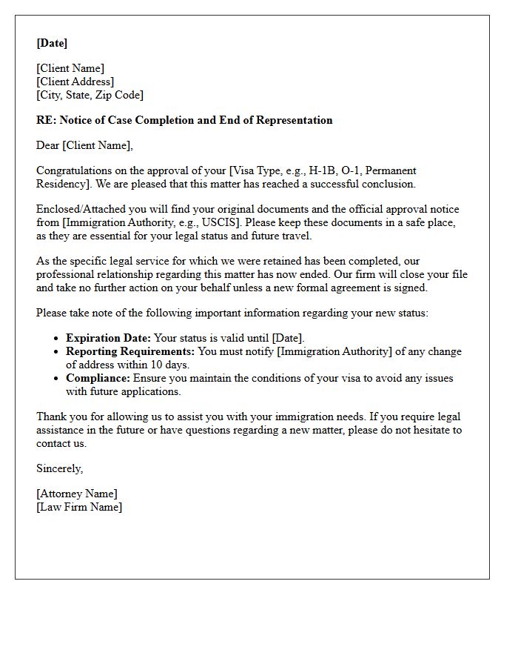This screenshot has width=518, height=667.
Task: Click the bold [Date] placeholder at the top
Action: [x=52, y=43]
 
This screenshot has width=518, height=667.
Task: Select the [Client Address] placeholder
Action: [x=75, y=82]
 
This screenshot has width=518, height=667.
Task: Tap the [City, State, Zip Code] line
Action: [x=90, y=95]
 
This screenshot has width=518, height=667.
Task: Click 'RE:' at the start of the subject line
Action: [x=46, y=120]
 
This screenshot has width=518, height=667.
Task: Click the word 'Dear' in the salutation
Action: [x=48, y=145]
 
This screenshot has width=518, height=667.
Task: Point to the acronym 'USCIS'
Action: [x=217, y=222]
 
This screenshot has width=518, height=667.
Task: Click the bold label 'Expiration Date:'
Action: [x=108, y=338]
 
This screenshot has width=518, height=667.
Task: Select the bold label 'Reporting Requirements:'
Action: [x=130, y=351]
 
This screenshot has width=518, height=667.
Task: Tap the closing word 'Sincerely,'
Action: [x=59, y=468]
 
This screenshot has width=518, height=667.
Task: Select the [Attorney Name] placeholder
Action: [x=76, y=494]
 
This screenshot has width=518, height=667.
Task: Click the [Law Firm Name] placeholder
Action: [x=79, y=507]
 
